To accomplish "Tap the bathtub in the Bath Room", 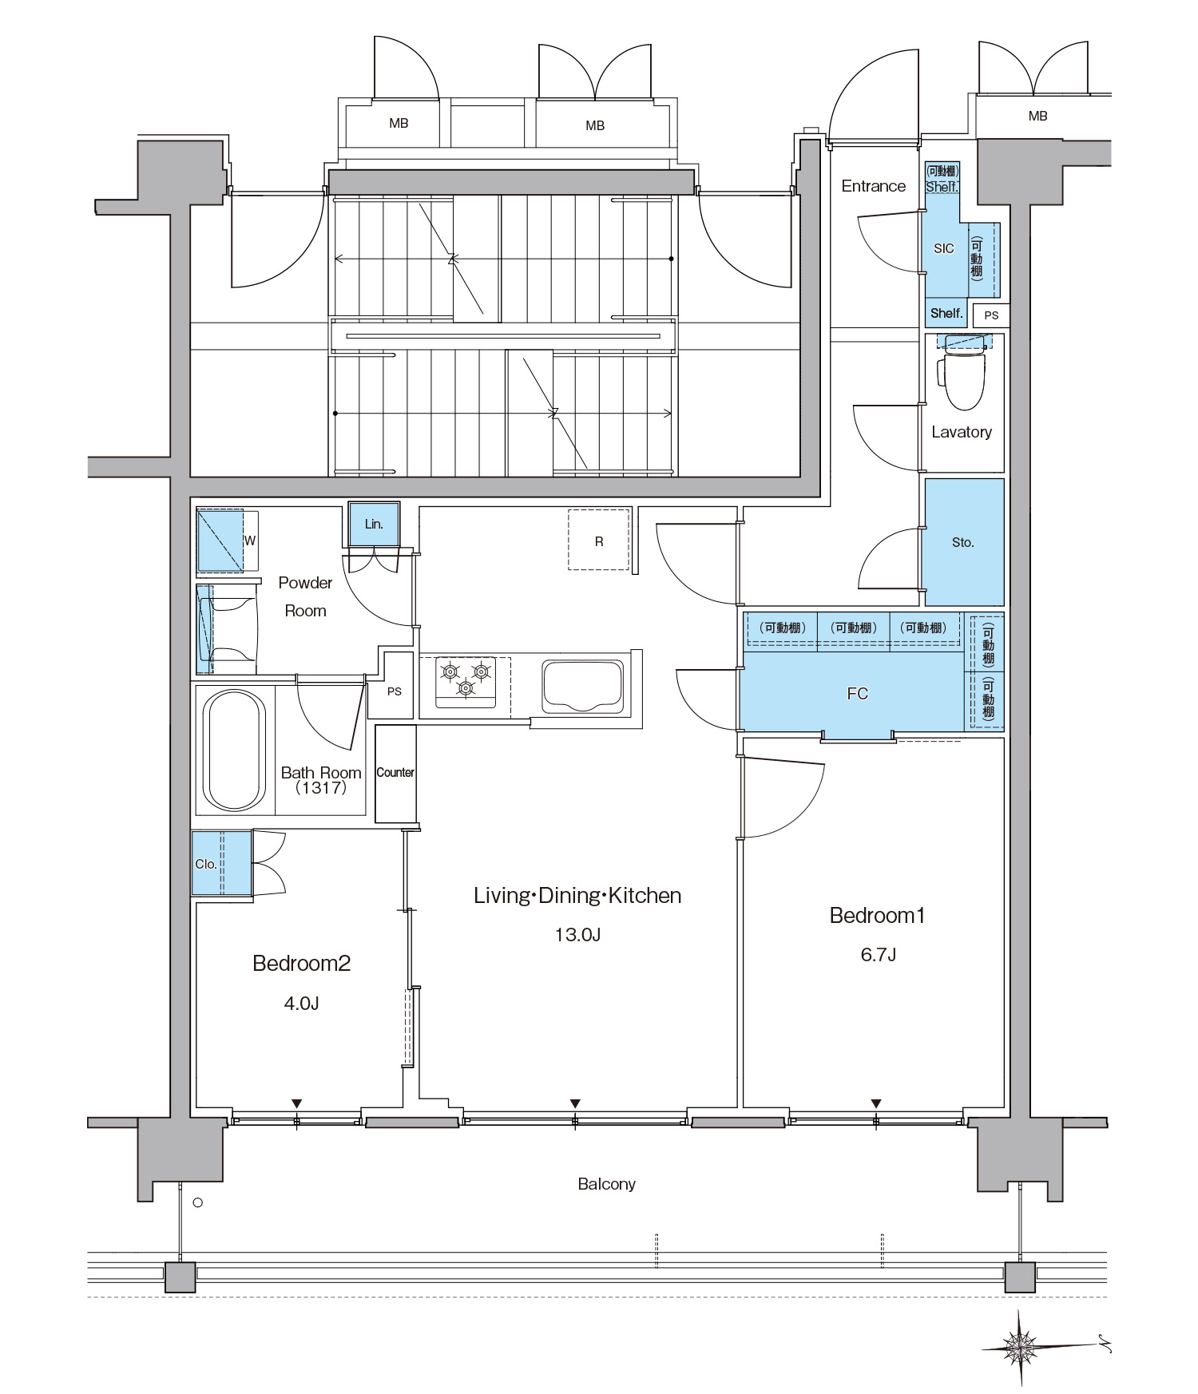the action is pos(234,750).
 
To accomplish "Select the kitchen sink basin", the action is pos(583,686).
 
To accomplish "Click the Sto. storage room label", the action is pos(963,543).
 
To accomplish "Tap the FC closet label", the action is pos(857,694).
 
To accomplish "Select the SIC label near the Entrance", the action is pos(944,249).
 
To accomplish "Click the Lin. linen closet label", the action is pos(374,525).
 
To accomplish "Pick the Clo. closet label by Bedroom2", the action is pos(206,864).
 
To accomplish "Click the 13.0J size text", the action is pos(577,935).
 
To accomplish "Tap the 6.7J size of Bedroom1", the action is pos(878,955).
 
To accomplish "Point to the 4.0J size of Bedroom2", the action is pos(301,1004).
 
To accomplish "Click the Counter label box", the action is pos(395,773).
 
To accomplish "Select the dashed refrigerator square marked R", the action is pos(599,540).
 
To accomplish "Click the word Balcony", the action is pos(606,1184).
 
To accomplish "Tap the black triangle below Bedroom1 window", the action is pos(876,1103).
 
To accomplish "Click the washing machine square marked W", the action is pos(220,540).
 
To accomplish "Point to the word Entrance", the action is pos(874,186).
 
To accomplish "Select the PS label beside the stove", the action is pos(395,691).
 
